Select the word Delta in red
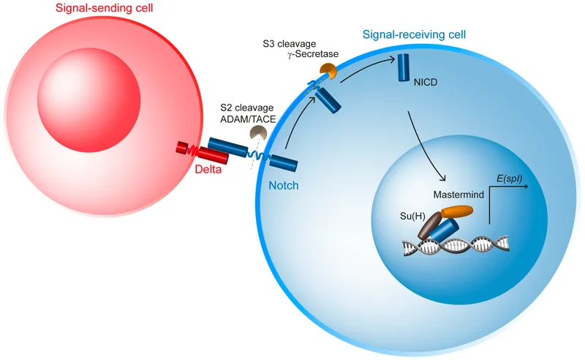tap(209, 170)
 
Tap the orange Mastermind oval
tap(457, 212)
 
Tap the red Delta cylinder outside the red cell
tap(214, 153)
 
